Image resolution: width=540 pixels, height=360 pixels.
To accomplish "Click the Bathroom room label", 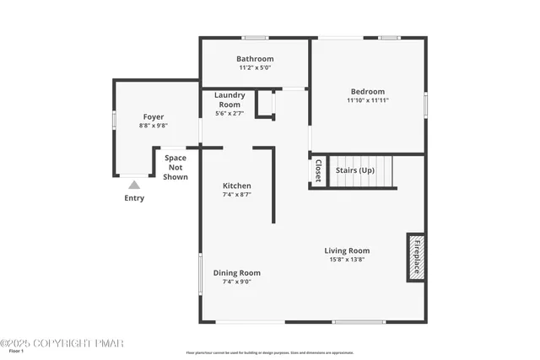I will pyautogui.click(x=255, y=59).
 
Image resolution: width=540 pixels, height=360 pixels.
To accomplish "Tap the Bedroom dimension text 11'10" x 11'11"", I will pyautogui.click(x=367, y=100).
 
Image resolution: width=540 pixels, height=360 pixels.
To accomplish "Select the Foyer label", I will pyautogui.click(x=153, y=117).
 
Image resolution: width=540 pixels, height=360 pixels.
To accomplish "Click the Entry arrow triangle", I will pyautogui.click(x=134, y=185).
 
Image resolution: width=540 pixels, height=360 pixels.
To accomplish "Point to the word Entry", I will pyautogui.click(x=134, y=198).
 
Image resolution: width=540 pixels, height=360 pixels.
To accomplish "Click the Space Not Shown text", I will pyautogui.click(x=175, y=167).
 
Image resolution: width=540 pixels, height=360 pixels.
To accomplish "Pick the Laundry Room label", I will pyautogui.click(x=229, y=99).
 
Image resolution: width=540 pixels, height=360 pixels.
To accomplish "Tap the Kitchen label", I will pyautogui.click(x=236, y=185).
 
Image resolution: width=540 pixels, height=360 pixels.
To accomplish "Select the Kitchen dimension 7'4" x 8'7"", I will pyautogui.click(x=236, y=195).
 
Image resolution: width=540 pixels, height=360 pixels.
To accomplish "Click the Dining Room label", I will pyautogui.click(x=236, y=272).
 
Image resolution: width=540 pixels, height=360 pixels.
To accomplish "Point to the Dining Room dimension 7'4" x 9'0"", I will pyautogui.click(x=236, y=282).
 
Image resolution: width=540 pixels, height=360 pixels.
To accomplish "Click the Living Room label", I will pyautogui.click(x=347, y=250).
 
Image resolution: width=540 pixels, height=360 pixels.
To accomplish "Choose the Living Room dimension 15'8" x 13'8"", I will pyautogui.click(x=347, y=260).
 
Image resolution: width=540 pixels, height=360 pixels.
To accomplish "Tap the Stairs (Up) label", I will pyautogui.click(x=355, y=170).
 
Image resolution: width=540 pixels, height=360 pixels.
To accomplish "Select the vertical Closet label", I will pyautogui.click(x=318, y=171).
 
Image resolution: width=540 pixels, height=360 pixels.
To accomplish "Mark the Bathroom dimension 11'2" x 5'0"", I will pyautogui.click(x=255, y=67).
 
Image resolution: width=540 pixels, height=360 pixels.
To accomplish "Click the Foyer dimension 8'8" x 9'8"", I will pyautogui.click(x=153, y=126).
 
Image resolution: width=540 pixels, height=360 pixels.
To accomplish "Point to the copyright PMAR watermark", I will pyautogui.click(x=62, y=343).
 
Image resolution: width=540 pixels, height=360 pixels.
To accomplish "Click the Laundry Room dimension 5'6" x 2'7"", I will pyautogui.click(x=229, y=113).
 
